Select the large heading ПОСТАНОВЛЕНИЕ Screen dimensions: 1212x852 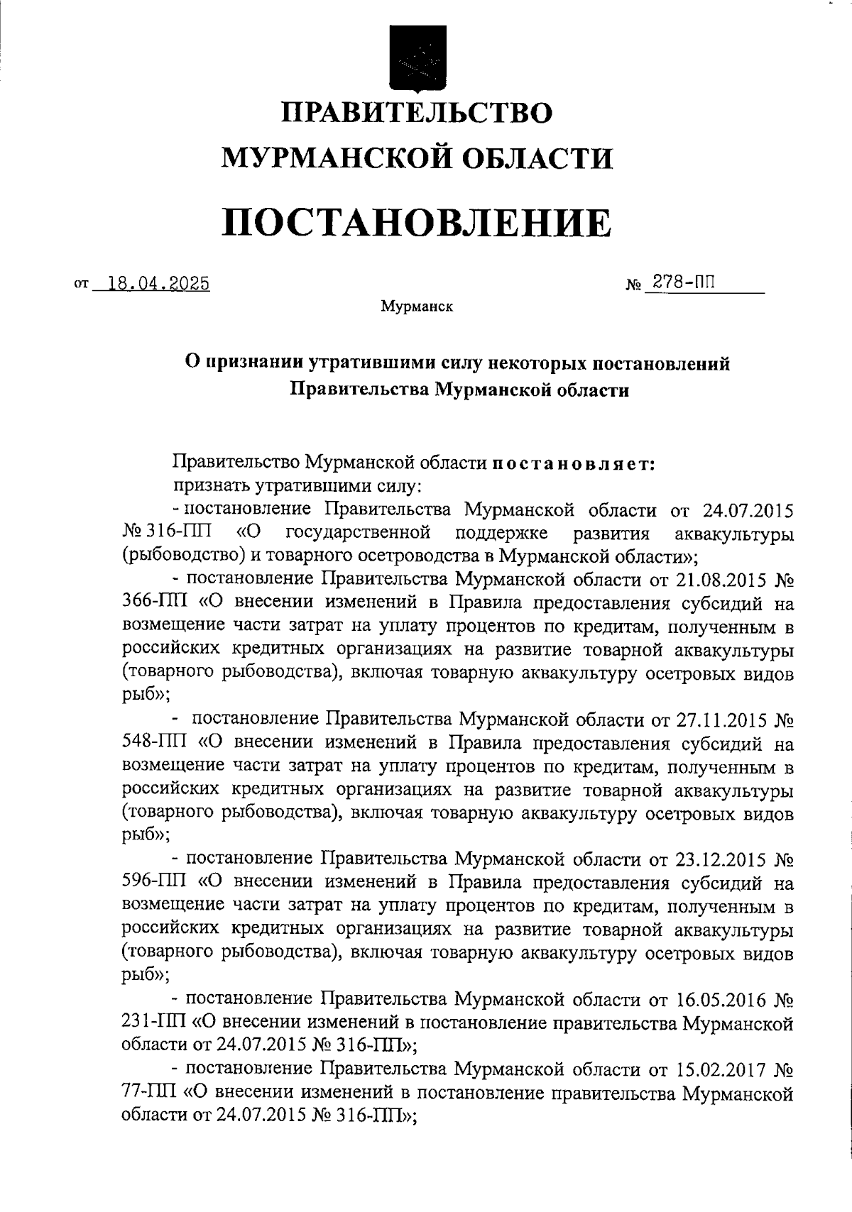417,222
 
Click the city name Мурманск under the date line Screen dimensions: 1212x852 417,307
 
